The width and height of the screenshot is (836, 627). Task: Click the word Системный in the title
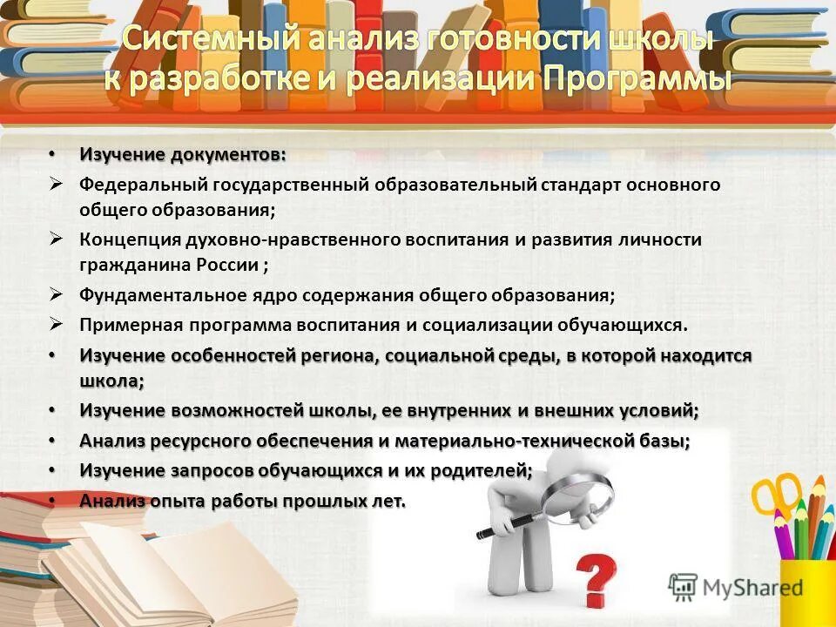tap(201, 39)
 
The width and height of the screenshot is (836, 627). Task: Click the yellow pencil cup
tap(801, 592)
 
